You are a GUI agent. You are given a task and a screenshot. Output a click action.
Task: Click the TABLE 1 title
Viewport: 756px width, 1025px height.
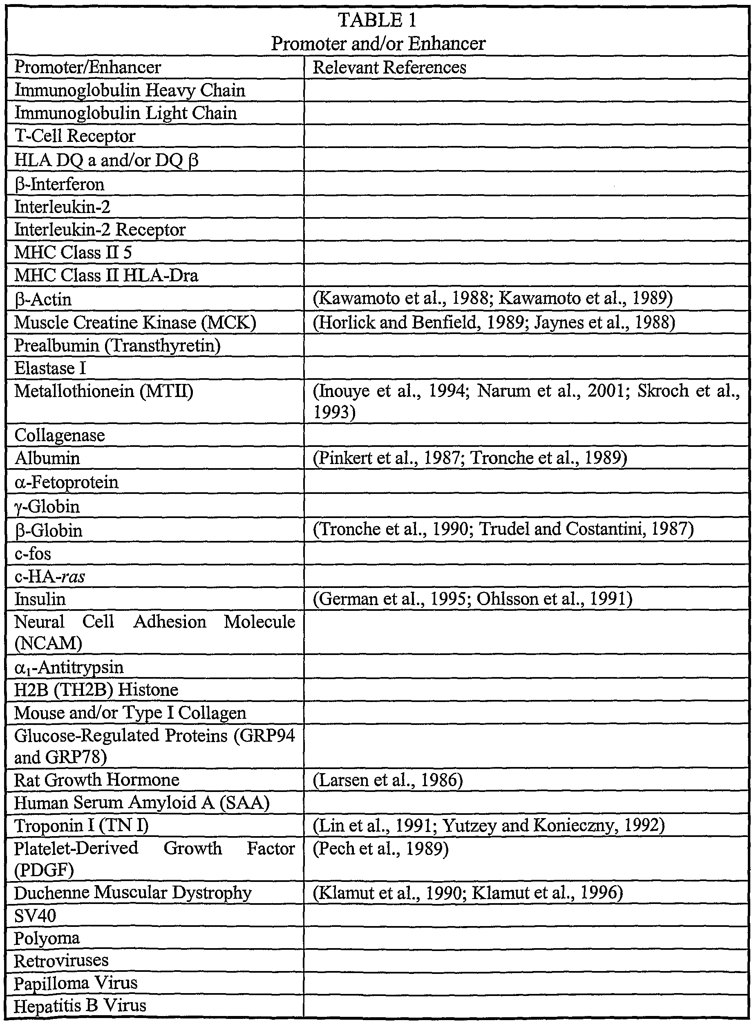point(378,20)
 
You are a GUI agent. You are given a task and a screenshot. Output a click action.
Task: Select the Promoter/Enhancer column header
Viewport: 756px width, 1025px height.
point(88,68)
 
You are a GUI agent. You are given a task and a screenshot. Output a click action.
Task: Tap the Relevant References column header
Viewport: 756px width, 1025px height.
point(389,68)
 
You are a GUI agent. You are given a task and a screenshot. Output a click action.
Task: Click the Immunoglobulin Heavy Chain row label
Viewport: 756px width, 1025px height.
point(130,90)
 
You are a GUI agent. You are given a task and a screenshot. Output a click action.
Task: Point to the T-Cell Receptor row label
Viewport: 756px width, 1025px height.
point(75,136)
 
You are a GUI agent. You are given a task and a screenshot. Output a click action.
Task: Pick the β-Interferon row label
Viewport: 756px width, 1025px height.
point(60,184)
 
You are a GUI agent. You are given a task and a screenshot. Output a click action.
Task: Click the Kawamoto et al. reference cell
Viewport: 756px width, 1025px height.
point(492,298)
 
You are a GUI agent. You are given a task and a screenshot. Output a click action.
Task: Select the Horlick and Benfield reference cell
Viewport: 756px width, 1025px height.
point(494,322)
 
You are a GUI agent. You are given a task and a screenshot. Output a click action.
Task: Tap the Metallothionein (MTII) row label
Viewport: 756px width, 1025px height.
point(104,391)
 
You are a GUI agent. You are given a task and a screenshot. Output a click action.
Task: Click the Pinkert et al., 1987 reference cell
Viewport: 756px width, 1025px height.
point(470,458)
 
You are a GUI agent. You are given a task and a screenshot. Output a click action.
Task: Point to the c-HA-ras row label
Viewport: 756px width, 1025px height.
point(50,576)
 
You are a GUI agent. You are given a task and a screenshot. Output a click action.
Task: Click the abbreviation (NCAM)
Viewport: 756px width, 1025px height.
point(49,643)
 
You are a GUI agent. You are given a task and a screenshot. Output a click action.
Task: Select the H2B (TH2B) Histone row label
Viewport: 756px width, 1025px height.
point(96,689)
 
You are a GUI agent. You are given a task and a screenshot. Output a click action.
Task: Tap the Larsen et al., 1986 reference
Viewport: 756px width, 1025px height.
point(388,780)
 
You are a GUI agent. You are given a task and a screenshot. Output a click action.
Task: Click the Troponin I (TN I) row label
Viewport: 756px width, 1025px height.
point(81,826)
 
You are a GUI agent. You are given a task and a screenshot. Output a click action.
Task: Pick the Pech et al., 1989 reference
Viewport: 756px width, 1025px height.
point(381,848)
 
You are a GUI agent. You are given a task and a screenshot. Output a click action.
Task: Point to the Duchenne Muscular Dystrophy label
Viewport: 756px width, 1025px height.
point(133,893)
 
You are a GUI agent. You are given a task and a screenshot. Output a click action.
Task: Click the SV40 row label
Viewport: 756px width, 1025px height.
point(35,915)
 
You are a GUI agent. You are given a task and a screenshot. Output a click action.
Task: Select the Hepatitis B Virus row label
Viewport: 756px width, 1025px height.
point(80,1006)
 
